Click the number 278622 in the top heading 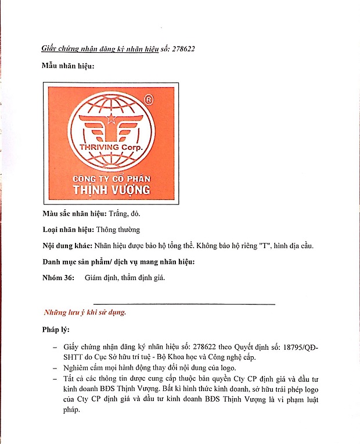tap(182, 49)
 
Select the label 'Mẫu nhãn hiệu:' tap(69, 66)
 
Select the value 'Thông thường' tap(118, 230)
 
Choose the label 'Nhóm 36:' tap(59, 277)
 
